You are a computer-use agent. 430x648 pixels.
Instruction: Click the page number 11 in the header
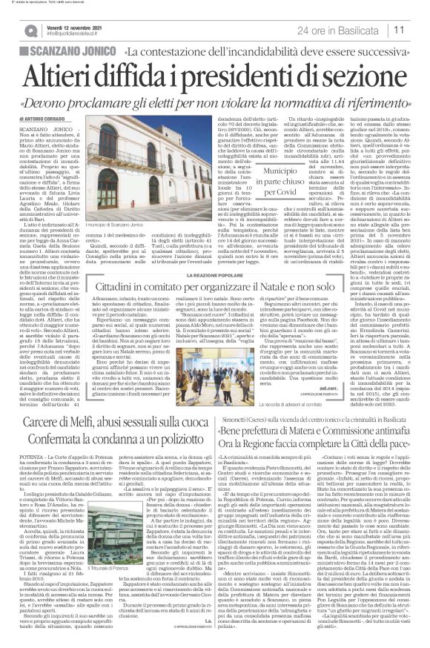pyautogui.click(x=419, y=29)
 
